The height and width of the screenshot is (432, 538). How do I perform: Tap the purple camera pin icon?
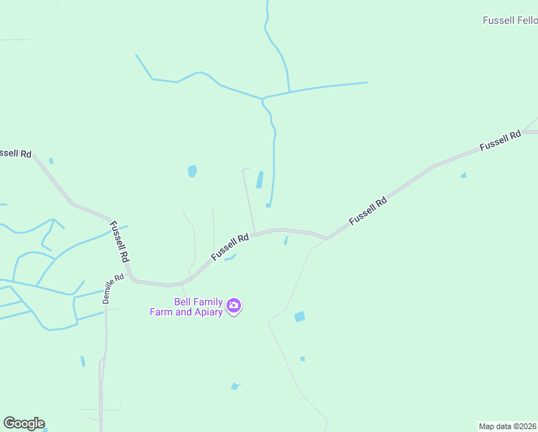(x=234, y=307)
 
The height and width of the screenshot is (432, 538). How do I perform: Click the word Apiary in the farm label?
(x=207, y=312)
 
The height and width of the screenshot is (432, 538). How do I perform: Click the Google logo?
(x=24, y=423)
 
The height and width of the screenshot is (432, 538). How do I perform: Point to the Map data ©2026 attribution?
(x=508, y=426)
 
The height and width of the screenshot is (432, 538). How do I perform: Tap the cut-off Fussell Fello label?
(x=510, y=21)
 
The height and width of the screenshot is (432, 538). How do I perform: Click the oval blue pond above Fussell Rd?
(x=192, y=171)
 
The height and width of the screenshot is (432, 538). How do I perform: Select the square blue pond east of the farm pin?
(x=299, y=317)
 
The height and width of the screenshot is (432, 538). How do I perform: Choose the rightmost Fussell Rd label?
(x=501, y=140)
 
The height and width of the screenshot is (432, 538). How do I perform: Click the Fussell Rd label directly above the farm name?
(x=230, y=247)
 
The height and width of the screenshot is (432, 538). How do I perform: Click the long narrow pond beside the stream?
(x=260, y=179)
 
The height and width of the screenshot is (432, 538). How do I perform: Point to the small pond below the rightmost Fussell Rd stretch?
(x=463, y=175)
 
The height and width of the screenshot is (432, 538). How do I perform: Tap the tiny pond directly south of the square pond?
(x=302, y=359)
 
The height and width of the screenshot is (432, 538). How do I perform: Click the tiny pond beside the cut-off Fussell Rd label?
(x=50, y=161)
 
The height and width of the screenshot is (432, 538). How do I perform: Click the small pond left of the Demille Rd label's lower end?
(x=83, y=361)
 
